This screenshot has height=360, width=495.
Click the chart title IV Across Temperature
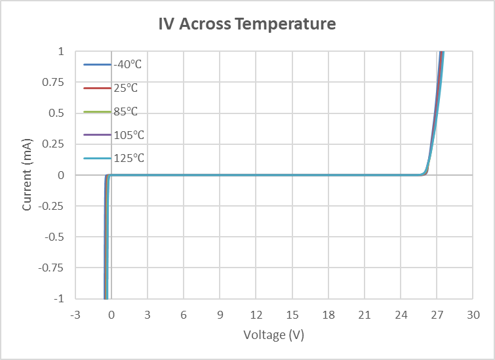coord(247,25)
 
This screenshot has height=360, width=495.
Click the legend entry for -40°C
coord(128,64)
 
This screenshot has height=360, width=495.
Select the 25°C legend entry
coord(125,88)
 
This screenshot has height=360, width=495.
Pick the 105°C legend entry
coord(128,135)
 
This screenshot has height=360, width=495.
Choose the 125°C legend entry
coord(128,159)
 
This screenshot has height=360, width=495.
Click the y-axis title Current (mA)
coord(27,175)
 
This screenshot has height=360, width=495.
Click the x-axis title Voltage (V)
coord(273,335)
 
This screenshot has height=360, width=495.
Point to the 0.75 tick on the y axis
coord(55,82)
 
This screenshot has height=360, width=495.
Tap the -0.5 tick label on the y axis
coord(55,237)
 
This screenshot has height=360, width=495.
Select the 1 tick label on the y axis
coord(61,51)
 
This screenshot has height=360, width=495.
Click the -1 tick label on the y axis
coord(59,298)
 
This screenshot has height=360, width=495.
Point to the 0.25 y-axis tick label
coord(55,144)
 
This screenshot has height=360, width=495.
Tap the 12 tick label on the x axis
coord(256,315)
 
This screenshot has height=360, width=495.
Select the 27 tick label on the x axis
coord(437,315)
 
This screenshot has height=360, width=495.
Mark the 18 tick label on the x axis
coord(328,315)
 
